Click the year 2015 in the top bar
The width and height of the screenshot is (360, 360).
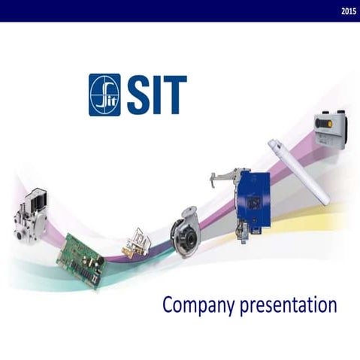[x=348, y=11]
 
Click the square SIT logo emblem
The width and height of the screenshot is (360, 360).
[x=104, y=94]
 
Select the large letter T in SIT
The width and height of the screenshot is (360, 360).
[x=174, y=95]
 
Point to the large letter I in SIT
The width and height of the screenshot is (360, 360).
[x=157, y=95]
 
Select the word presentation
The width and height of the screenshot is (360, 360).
[x=286, y=306]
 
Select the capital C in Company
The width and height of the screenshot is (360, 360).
[x=169, y=305]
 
